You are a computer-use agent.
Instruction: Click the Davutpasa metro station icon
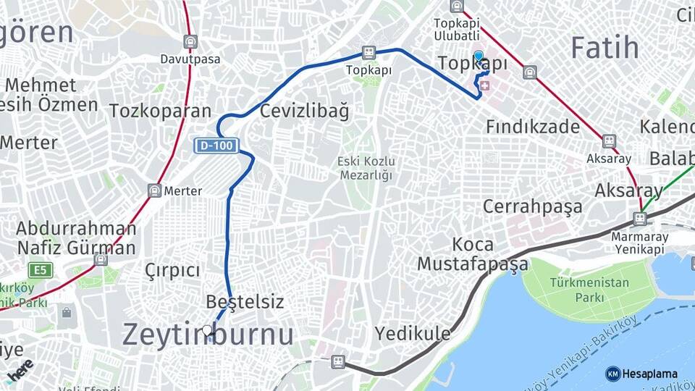click(190, 42)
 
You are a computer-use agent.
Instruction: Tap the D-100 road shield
click(216, 146)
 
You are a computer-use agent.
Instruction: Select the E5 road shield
click(42, 270)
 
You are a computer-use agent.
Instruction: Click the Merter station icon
click(154, 190)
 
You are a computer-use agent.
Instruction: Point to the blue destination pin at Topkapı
click(479, 56)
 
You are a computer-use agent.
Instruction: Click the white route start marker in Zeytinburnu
click(208, 331)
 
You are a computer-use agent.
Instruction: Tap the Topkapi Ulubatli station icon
click(457, 7)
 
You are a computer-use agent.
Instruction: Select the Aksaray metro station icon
click(609, 140)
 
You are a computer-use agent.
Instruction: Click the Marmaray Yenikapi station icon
click(639, 218)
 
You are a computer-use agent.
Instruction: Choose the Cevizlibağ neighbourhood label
click(304, 112)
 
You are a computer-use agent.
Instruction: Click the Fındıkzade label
click(533, 127)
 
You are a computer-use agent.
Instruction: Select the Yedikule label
click(412, 333)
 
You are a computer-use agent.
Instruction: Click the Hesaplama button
click(642, 374)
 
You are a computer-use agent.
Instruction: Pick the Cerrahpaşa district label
click(532, 206)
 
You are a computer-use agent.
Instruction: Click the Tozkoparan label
click(160, 111)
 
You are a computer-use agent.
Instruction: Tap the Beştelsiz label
click(245, 301)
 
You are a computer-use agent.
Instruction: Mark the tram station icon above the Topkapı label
click(368, 53)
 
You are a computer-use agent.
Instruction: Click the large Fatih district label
click(605, 48)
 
